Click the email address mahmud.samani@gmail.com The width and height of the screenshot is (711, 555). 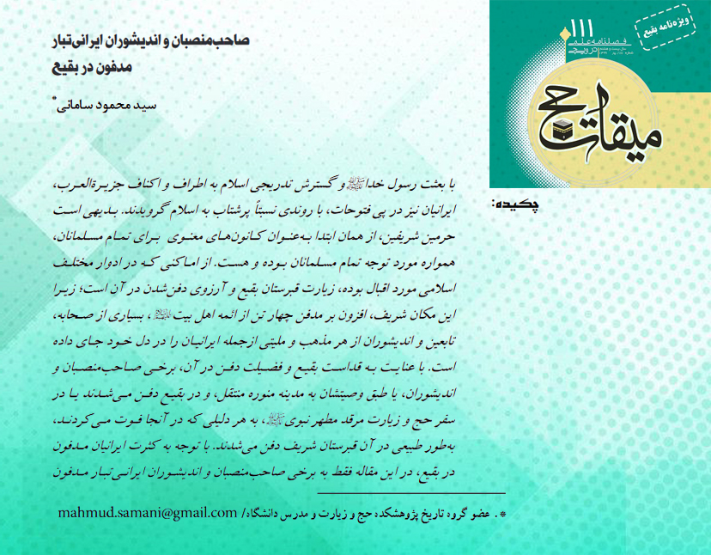coord(147,513)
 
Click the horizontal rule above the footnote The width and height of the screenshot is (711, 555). coord(411,493)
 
